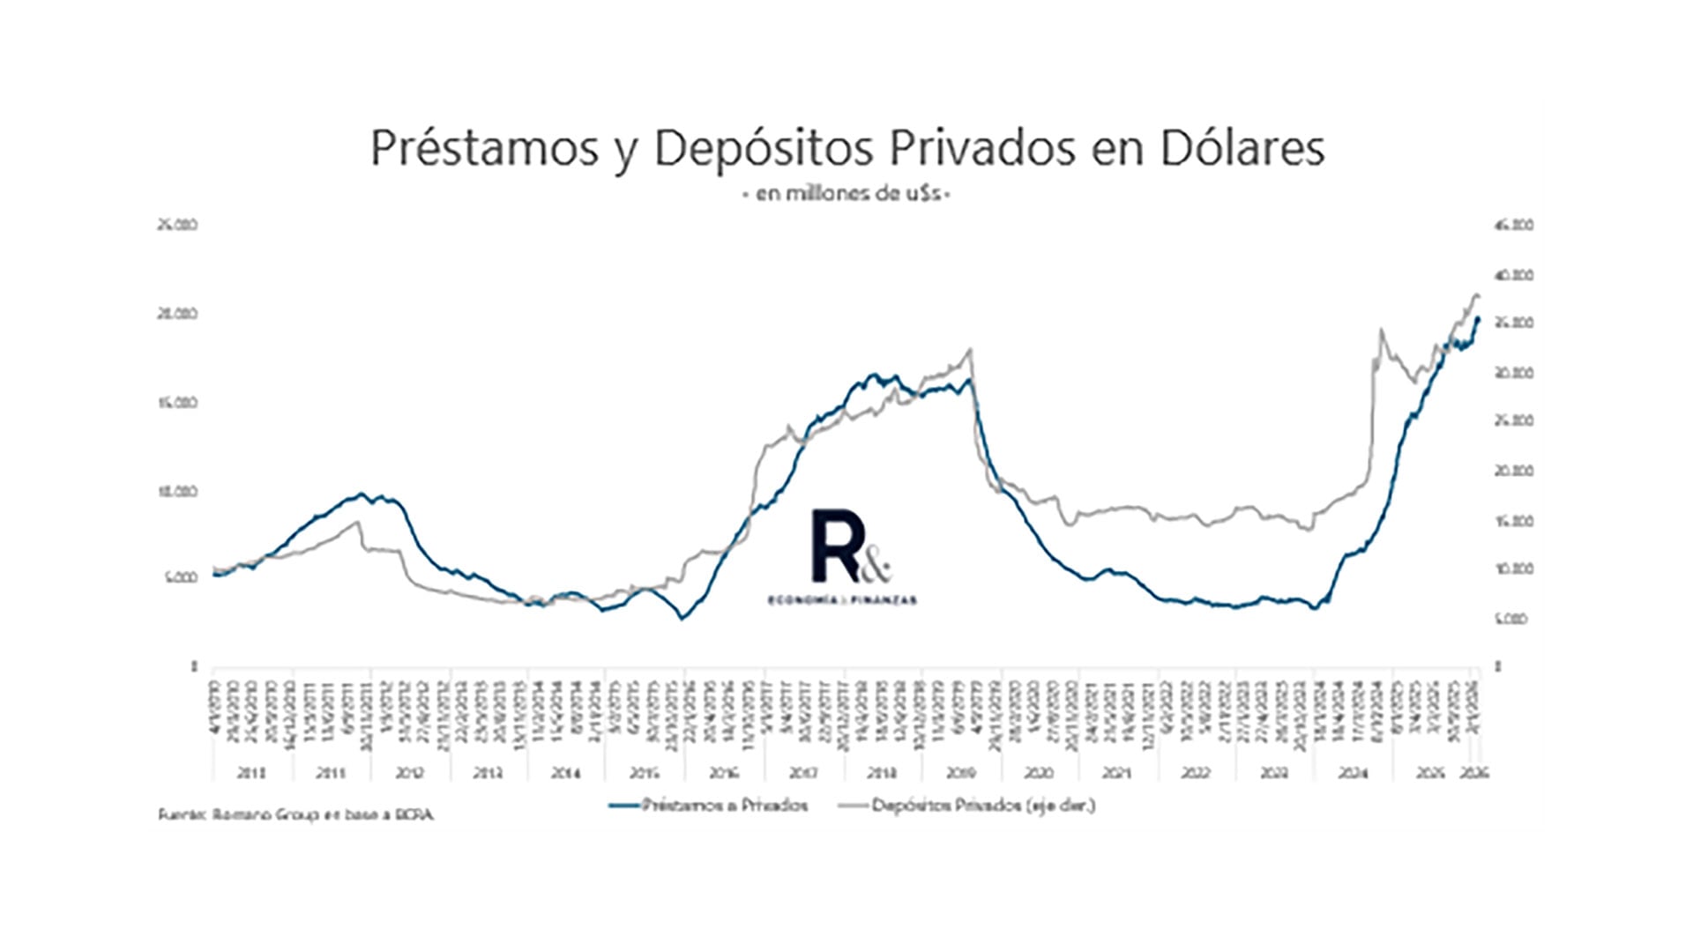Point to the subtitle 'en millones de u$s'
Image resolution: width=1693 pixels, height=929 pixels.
click(846, 194)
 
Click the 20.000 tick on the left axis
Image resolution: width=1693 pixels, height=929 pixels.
click(177, 314)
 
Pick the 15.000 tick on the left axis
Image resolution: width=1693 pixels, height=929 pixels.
click(177, 403)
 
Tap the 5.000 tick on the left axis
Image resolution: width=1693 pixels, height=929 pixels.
click(180, 578)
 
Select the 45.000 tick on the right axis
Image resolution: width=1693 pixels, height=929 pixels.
click(1514, 226)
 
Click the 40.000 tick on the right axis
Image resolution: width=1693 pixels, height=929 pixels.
click(1514, 275)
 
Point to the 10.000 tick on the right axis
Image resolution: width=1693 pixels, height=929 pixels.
click(1514, 569)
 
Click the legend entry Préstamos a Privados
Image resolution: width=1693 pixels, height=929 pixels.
click(708, 805)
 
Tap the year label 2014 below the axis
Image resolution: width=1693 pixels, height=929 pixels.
click(566, 773)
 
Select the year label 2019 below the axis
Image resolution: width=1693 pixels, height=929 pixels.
click(960, 773)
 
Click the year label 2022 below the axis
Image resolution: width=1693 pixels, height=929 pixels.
click(1196, 773)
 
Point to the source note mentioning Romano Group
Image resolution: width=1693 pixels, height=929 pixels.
click(295, 815)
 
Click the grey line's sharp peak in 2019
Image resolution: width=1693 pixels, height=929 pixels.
click(970, 349)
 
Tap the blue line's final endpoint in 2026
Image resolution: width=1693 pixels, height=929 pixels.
click(1478, 318)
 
